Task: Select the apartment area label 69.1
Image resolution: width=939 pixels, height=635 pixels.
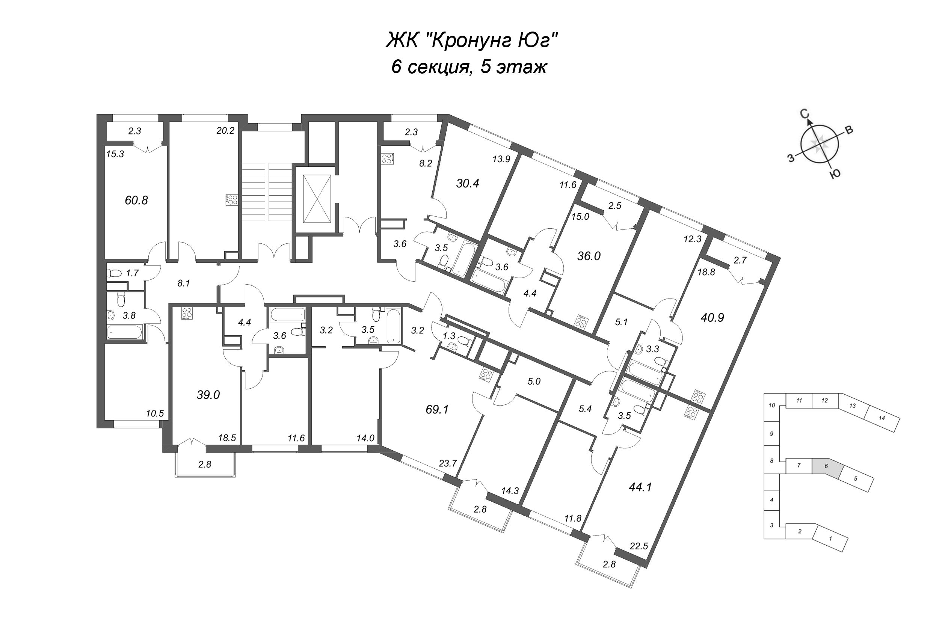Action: pyautogui.click(x=437, y=410)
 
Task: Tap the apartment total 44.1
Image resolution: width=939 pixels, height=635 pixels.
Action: pyautogui.click(x=640, y=487)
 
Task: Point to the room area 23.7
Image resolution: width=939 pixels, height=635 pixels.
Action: pyautogui.click(x=448, y=463)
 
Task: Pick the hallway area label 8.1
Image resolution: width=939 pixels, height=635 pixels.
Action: pyautogui.click(x=183, y=284)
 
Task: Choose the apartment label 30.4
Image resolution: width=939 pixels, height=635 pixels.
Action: pyautogui.click(x=468, y=183)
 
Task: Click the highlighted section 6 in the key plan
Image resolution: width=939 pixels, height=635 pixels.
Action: pyautogui.click(x=827, y=466)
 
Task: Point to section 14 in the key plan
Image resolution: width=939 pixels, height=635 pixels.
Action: pyautogui.click(x=882, y=418)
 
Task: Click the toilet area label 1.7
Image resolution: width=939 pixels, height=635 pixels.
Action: pyautogui.click(x=132, y=273)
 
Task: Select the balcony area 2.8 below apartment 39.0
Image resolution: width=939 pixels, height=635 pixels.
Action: pyautogui.click(x=205, y=464)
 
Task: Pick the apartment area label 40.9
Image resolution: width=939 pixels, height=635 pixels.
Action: pyautogui.click(x=713, y=318)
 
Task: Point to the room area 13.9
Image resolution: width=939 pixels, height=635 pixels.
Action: pyautogui.click(x=501, y=159)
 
